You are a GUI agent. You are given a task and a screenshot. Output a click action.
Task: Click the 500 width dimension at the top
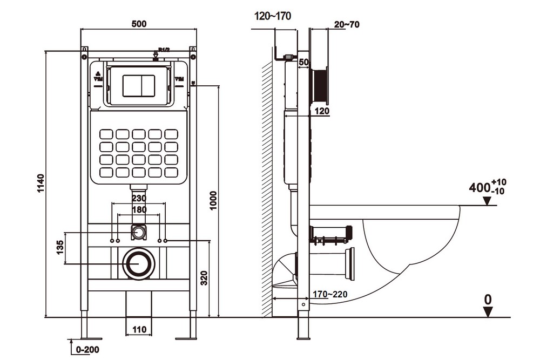tap(138, 24)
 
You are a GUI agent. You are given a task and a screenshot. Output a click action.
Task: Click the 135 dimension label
tap(60, 248)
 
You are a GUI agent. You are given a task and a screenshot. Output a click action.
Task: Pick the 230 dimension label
tap(139, 199)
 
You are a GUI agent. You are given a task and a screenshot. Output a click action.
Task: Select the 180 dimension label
tap(139, 209)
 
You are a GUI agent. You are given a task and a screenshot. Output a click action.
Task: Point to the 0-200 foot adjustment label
tap(86, 350)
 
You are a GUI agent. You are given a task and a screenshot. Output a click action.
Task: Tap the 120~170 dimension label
tap(273, 16)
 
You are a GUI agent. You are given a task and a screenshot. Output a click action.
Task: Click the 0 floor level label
tap(488, 298)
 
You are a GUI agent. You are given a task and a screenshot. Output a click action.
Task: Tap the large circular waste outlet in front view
tap(139, 264)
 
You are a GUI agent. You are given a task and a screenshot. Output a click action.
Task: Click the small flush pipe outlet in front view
tap(139, 233)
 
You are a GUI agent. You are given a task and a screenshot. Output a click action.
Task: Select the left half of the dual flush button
tap(131, 85)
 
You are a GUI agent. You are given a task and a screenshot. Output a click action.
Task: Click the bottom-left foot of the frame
tap(84, 337)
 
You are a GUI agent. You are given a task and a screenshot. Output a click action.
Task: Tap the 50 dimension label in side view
tap(303, 63)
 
